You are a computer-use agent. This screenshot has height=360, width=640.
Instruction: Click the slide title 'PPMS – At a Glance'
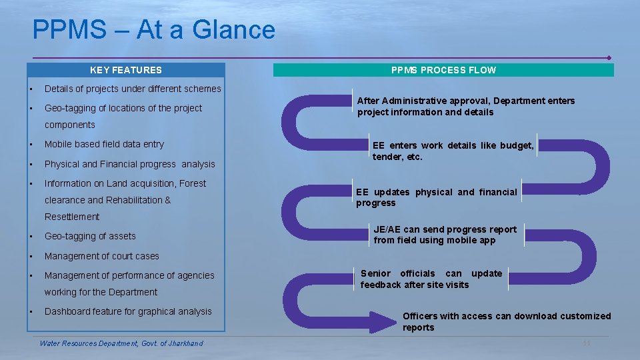[x=153, y=30]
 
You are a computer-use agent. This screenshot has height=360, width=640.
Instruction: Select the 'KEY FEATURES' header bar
[x=126, y=70]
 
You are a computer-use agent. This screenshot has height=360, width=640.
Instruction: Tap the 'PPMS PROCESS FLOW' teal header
[x=443, y=70]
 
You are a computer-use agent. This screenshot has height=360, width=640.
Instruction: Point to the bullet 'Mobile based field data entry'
[x=104, y=144]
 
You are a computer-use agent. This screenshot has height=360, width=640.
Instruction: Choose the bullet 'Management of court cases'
[x=101, y=256]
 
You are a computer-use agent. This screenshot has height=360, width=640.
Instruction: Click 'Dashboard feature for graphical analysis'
[x=128, y=311]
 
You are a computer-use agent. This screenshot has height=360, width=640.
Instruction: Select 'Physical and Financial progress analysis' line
[x=129, y=164]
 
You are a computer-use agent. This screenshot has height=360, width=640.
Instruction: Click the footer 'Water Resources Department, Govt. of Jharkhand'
[x=121, y=343]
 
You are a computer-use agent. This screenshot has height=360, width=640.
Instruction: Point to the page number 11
[x=587, y=343]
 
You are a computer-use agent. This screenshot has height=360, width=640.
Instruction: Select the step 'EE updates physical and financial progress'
[x=436, y=197]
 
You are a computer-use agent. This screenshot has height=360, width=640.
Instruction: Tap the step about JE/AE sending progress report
[x=445, y=235]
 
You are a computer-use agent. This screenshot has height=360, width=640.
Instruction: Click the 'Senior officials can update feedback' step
[x=431, y=279]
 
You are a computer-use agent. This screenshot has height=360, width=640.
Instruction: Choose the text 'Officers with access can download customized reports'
[x=506, y=321]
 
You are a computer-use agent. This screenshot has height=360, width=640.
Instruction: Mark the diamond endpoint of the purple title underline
[x=609, y=57]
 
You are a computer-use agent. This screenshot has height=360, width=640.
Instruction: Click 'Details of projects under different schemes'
[x=132, y=89]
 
